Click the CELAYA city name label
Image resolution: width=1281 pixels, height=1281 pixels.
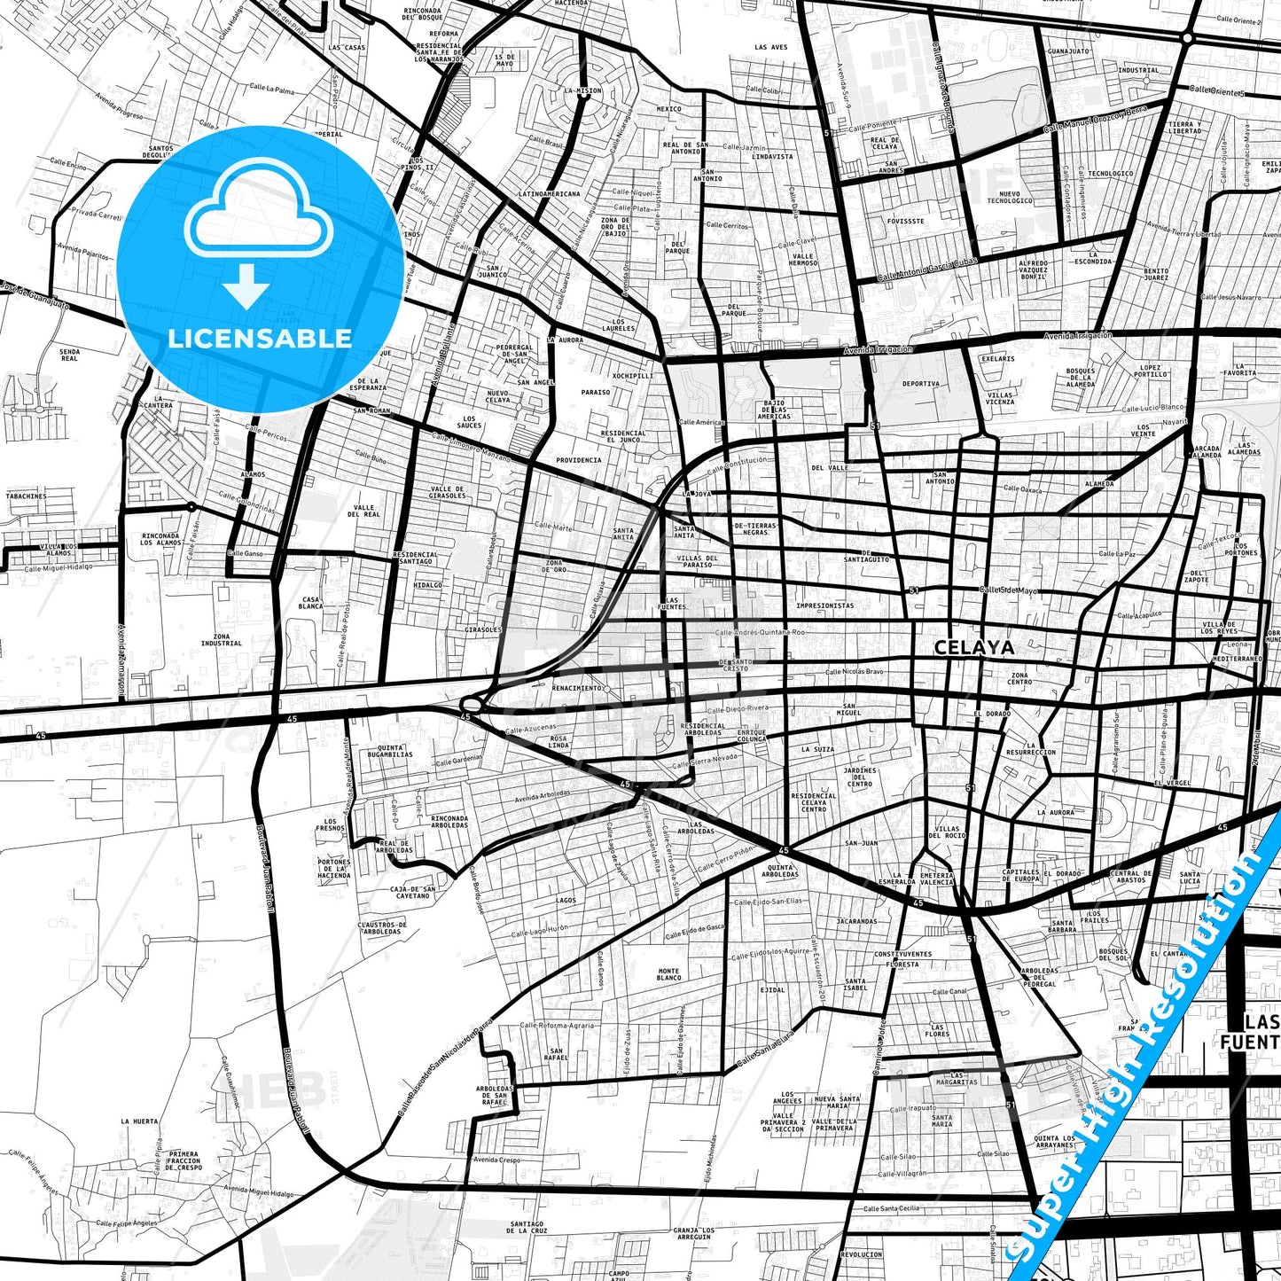point(973,648)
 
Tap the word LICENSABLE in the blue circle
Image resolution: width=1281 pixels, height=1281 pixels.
point(260,338)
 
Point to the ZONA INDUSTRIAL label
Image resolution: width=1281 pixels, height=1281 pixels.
point(221,640)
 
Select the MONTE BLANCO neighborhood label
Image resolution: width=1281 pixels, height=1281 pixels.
point(668,974)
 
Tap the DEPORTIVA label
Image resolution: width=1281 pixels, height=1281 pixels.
point(920,384)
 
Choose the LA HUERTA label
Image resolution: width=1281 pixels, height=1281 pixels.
point(140,1121)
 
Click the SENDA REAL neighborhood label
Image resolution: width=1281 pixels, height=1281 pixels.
point(69,355)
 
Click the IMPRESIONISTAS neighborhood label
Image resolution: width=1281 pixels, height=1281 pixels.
point(824,606)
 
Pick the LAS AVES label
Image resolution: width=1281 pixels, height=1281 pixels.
point(770,47)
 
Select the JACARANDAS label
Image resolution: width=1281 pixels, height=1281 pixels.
point(855,921)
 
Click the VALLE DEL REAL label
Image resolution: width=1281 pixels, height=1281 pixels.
point(363,511)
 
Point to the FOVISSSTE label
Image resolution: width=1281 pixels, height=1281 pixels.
point(904,222)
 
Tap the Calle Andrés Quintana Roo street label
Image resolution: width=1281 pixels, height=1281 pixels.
point(760,632)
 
